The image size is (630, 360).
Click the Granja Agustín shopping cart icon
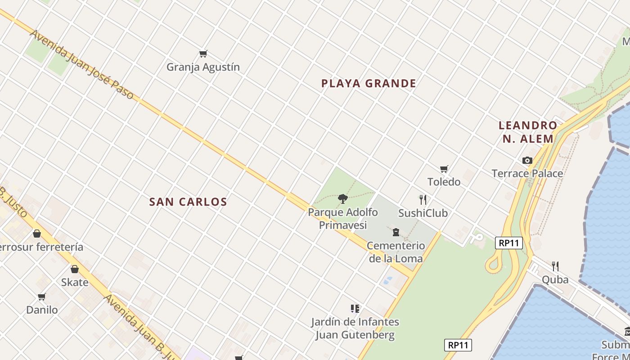(x=203, y=54)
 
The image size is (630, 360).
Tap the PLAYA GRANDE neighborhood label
(x=369, y=83)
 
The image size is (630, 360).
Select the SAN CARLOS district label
(x=188, y=202)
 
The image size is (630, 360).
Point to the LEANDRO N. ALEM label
(x=528, y=132)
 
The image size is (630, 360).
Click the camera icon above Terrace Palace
(x=527, y=160)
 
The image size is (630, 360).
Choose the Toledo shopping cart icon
(x=444, y=169)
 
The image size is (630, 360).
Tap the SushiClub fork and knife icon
(x=423, y=199)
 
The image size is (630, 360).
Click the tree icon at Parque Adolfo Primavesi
(x=343, y=198)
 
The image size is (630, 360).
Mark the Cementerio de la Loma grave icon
(x=396, y=232)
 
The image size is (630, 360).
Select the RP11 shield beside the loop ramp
(x=509, y=243)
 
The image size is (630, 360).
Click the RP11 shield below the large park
(x=458, y=345)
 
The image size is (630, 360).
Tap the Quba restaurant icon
(x=555, y=266)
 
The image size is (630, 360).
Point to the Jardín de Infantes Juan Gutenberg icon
(x=355, y=309)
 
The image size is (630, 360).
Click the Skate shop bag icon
(x=75, y=269)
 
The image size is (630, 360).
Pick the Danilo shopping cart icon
(x=42, y=297)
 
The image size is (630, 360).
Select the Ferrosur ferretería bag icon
(x=37, y=234)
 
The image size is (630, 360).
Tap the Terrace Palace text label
(x=527, y=173)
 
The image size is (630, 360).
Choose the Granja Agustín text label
(x=203, y=67)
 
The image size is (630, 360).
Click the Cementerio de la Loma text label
(x=396, y=252)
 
